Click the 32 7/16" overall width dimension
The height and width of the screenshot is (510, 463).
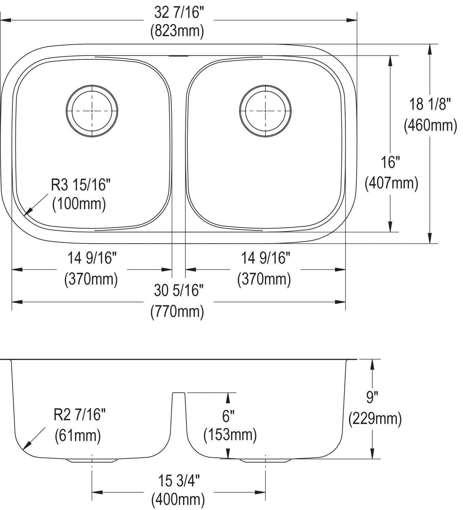(179, 13)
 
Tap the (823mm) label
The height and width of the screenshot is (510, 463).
(177, 31)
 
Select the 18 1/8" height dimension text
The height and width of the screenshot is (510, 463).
(430, 104)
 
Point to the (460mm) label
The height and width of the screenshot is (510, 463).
(430, 125)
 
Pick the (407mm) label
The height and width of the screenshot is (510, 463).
(391, 183)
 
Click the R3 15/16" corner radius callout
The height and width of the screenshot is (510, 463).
(80, 185)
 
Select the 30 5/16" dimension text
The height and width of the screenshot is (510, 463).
(179, 291)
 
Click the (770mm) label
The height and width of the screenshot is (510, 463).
(177, 312)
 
